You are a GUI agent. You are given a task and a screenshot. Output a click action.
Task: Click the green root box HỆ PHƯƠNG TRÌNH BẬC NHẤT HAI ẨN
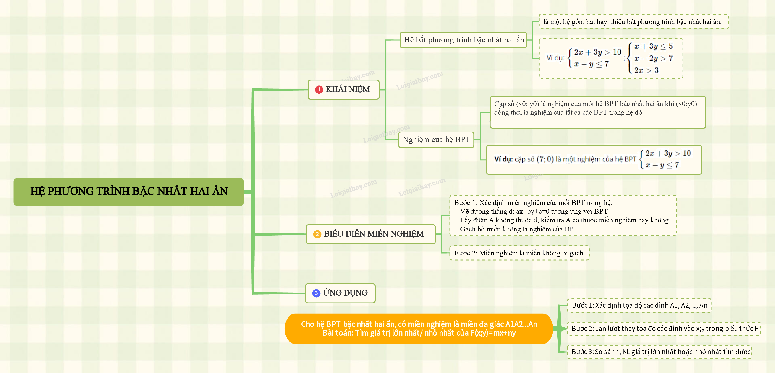pos(128,192)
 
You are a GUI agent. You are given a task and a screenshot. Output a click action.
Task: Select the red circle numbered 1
pos(319,90)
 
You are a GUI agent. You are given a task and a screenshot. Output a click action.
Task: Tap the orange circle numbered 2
pos(317,234)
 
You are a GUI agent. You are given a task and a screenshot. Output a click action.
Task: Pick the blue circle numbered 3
pos(316,293)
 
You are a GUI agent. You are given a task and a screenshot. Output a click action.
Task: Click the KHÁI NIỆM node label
pos(348,89)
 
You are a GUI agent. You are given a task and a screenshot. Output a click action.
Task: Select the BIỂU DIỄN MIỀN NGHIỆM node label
pos(374,234)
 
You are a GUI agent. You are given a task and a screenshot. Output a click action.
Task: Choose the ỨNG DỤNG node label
pos(345,293)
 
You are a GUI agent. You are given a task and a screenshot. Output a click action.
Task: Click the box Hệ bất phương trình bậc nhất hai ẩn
pos(464,40)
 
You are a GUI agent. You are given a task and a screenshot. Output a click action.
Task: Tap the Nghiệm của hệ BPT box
pos(436,140)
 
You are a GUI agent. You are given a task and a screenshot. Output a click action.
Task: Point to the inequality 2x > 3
pos(647,70)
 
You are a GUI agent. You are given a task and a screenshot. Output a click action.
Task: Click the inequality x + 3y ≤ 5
pos(653,46)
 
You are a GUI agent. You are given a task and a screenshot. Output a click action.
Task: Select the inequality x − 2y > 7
pos(653,58)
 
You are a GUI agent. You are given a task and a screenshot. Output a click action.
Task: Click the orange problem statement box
pos(419,329)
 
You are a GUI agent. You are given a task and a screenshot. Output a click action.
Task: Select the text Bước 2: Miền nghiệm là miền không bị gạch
pos(518,253)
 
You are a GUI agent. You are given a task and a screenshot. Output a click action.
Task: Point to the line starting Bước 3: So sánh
pos(661,352)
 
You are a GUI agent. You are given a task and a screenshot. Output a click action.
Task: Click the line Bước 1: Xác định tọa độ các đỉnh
pos(639,305)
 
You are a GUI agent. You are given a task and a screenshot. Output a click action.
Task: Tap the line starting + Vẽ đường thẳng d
pos(531,211)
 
